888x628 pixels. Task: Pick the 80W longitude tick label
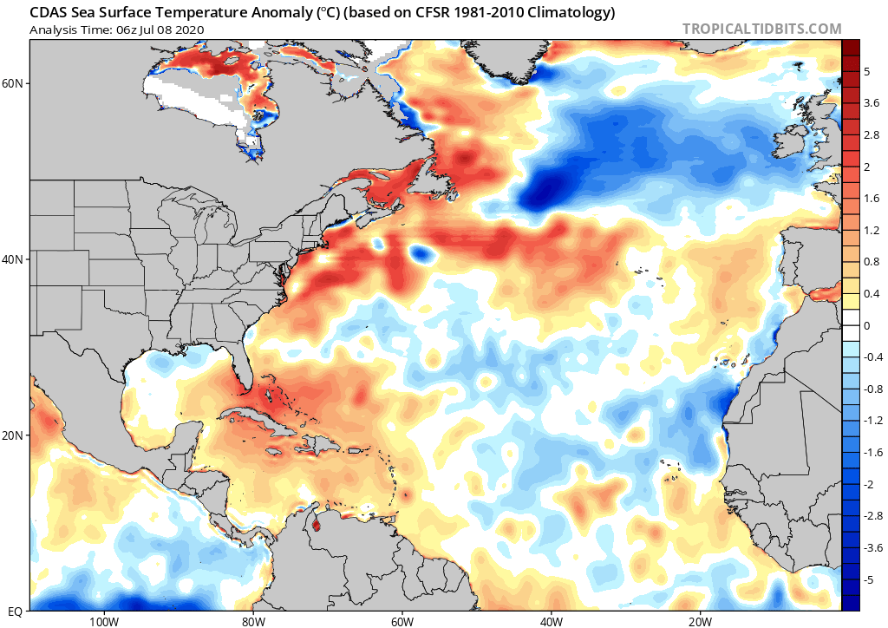[x=252, y=621]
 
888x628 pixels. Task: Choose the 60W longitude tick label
[x=402, y=621]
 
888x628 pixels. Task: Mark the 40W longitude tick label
[x=551, y=621]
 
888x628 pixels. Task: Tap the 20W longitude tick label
[x=700, y=621]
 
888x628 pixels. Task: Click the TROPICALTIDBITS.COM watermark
[x=761, y=29]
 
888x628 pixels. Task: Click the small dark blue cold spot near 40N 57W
[x=421, y=254]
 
